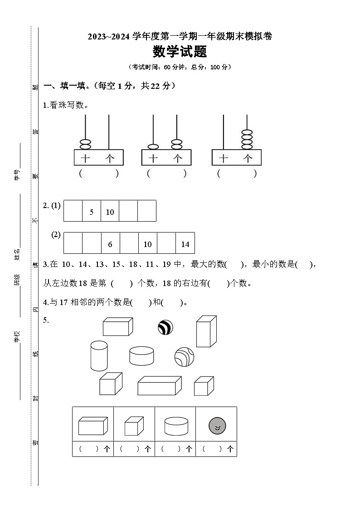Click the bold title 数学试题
click(x=180, y=52)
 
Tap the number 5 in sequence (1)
click(x=91, y=212)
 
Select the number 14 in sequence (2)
click(x=185, y=244)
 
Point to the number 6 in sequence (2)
click(x=110, y=244)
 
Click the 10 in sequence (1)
click(x=110, y=212)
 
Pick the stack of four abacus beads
click(x=247, y=139)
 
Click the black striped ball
click(x=165, y=327)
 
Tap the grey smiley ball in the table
click(x=217, y=426)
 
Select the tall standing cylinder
click(x=99, y=356)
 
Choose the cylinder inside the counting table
click(x=176, y=427)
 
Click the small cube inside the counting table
click(x=134, y=427)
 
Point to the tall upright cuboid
click(x=206, y=331)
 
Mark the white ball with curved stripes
click(x=184, y=357)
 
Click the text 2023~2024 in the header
click(x=109, y=37)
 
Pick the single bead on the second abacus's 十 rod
click(x=153, y=147)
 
